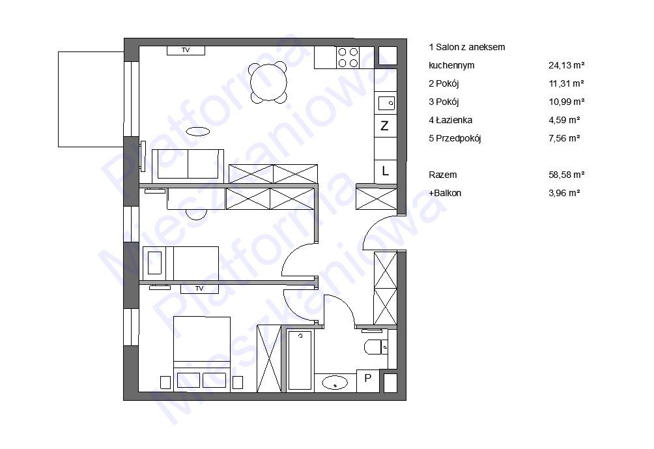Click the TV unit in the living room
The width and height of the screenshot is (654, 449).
click(x=186, y=50)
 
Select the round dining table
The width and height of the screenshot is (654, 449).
click(x=268, y=82)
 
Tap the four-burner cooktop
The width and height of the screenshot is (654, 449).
click(x=348, y=57)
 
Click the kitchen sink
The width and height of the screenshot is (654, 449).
click(x=386, y=103)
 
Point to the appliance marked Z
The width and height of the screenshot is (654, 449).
click(x=385, y=125)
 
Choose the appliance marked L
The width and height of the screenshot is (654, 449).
click(x=385, y=171)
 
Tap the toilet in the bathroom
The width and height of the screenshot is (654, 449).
click(x=377, y=347)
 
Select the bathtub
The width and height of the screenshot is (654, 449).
click(x=300, y=360)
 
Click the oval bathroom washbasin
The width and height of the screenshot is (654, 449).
click(x=335, y=383)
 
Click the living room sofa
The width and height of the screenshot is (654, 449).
click(x=188, y=164)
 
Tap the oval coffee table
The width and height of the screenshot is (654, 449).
click(x=198, y=132)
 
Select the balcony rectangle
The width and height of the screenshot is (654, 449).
click(x=91, y=99)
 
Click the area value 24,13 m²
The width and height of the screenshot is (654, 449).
click(x=566, y=66)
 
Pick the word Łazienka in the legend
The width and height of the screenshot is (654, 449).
click(x=454, y=120)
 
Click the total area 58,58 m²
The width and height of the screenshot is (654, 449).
click(x=566, y=175)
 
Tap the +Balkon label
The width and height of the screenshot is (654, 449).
click(x=445, y=193)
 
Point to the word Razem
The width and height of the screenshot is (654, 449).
click(x=442, y=175)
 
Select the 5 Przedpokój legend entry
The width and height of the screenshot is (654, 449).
click(x=455, y=139)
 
